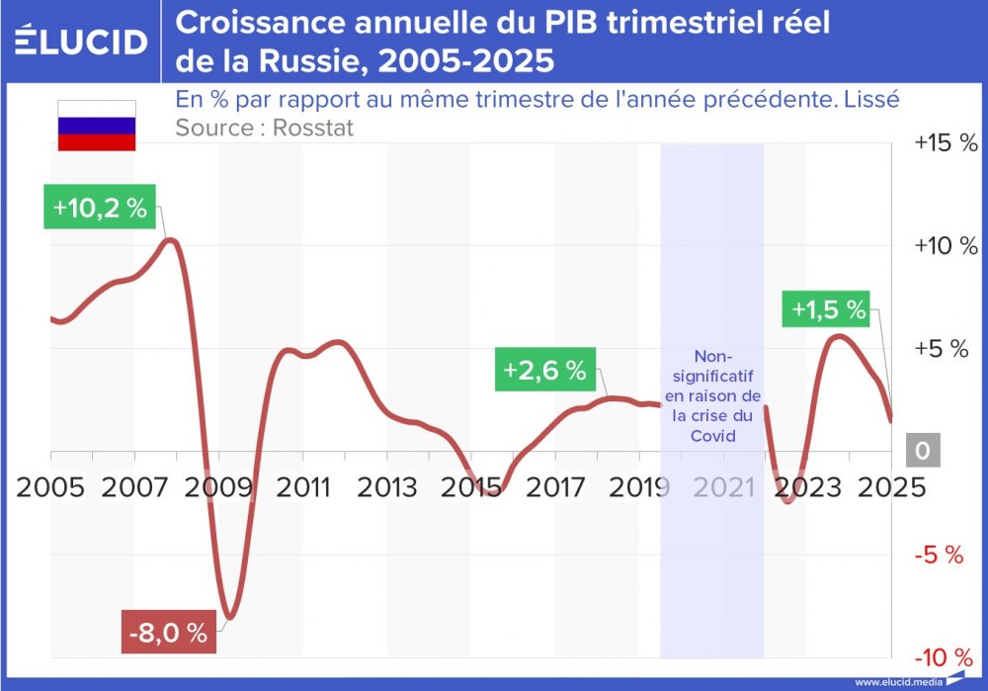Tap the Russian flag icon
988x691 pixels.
coord(96,126)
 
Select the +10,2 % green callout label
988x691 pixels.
coord(100,209)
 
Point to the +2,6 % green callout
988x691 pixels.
coord(543,371)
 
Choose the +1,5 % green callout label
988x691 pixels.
coord(828,309)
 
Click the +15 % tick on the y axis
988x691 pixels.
coord(945,143)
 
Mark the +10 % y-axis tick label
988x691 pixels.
coord(945,246)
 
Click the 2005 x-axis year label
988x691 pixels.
coord(49,486)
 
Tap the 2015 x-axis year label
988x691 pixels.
coord(471,486)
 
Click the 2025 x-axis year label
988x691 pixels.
coord(892,486)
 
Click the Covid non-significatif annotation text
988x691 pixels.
coord(713,395)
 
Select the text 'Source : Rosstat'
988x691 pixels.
coord(264,127)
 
